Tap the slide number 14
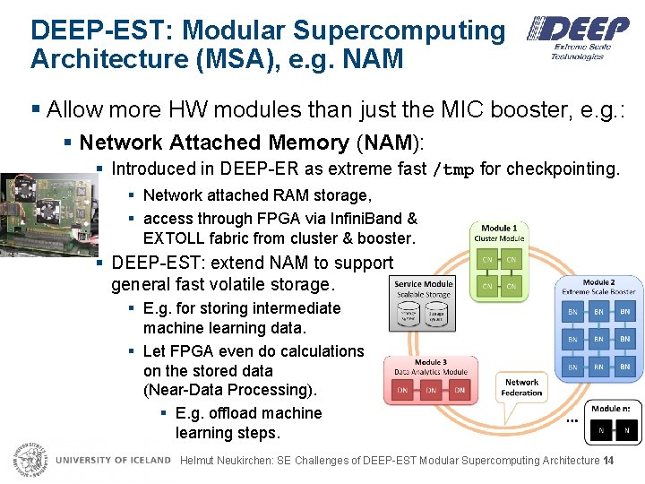coord(608,461)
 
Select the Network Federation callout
coord(521,387)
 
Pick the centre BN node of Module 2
coord(598,340)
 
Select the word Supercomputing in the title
coord(399,30)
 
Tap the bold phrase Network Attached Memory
coord(214,143)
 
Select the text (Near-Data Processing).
coord(230,390)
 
